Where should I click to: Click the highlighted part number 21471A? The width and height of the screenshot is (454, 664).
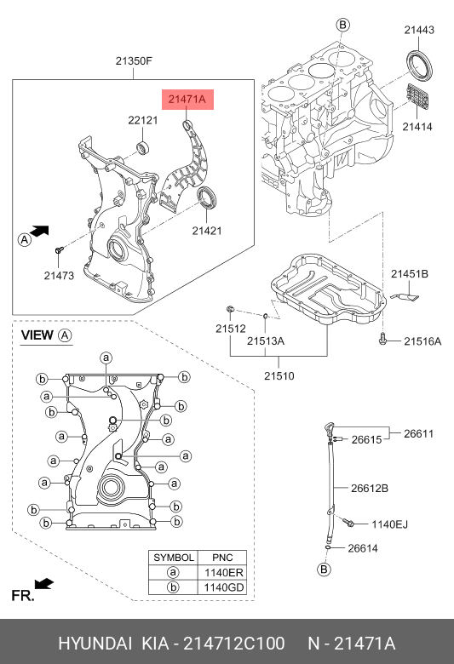[187, 99]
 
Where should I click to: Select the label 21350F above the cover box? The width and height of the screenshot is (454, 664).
[134, 61]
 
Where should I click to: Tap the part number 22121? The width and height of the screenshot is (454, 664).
[143, 120]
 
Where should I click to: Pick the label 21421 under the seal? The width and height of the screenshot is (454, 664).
[207, 231]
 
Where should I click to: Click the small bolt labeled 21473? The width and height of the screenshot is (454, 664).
[59, 250]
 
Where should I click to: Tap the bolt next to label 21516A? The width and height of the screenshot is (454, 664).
[382, 339]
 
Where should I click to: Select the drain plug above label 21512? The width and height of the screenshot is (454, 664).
[230, 309]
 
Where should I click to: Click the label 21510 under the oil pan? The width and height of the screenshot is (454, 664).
[279, 375]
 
